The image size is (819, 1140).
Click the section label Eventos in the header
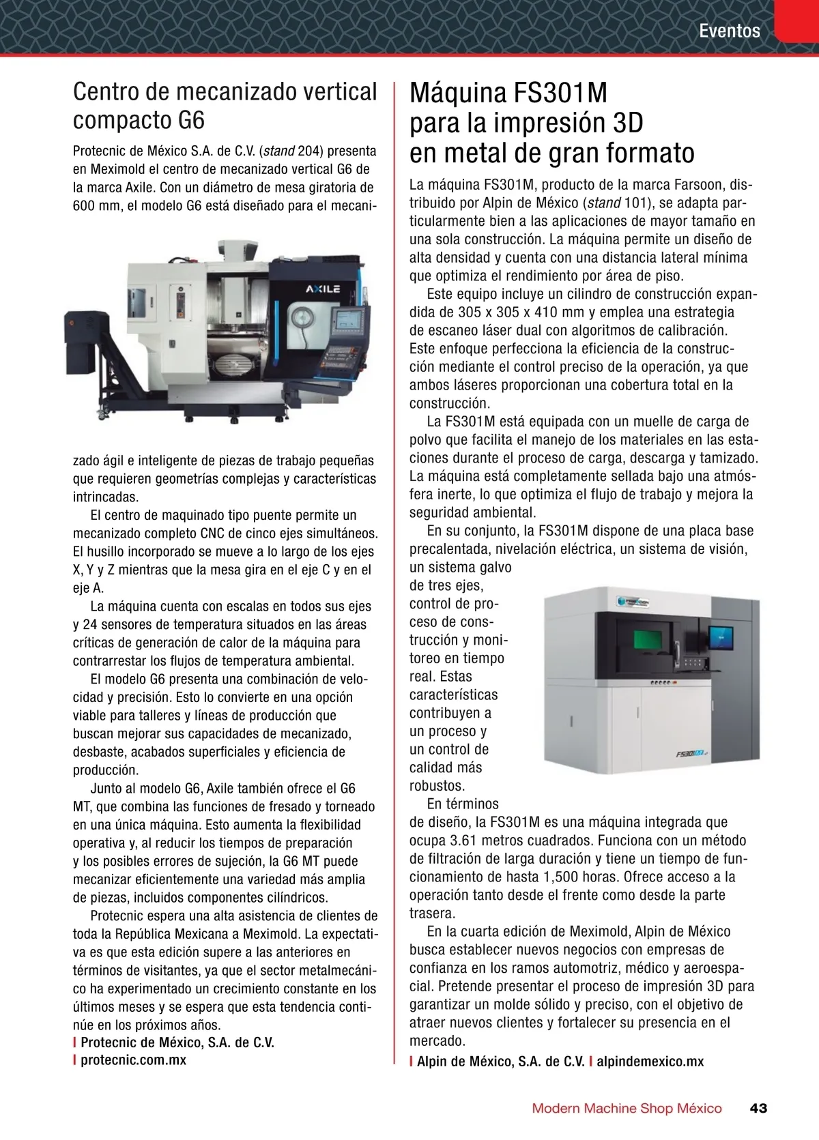pos(729,31)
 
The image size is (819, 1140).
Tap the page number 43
pos(758,1108)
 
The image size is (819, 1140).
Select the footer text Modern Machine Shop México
pos(627,1108)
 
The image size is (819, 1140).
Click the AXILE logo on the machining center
pos(323,289)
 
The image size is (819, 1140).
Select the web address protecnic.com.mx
pos(133,1059)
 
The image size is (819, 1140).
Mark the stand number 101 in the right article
pos(636,203)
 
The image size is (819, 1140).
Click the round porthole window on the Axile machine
pos(301,319)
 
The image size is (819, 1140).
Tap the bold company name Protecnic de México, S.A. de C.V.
pos(177,1042)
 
